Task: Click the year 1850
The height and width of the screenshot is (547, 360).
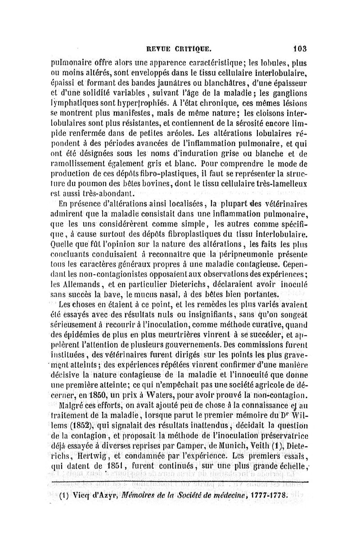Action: point(94,396)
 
